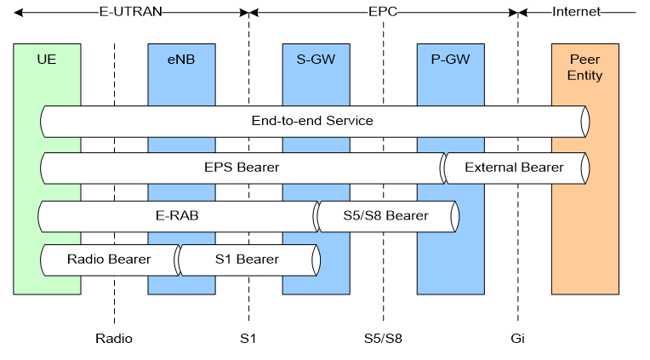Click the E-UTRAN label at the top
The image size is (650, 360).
(x=130, y=12)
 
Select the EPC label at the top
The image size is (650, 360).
(x=382, y=12)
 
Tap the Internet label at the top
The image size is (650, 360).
(x=576, y=12)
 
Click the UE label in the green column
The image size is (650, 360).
(x=47, y=60)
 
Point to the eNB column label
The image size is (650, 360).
(x=181, y=60)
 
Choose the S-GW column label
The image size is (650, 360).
(x=316, y=60)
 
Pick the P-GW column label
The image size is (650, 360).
(x=450, y=60)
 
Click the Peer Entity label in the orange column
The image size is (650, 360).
(x=584, y=68)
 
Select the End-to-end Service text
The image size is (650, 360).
(x=312, y=121)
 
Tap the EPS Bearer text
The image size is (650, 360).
(x=242, y=168)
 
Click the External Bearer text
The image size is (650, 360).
(x=514, y=168)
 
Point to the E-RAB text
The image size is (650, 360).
(x=178, y=215)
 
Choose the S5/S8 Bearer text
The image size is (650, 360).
(x=385, y=215)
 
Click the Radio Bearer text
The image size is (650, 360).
(x=109, y=260)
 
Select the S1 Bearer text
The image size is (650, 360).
(x=246, y=260)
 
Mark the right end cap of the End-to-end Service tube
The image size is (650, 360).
(x=585, y=121)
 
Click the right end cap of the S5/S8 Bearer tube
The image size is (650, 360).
(x=456, y=216)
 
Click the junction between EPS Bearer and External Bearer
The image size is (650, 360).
(x=443, y=169)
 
